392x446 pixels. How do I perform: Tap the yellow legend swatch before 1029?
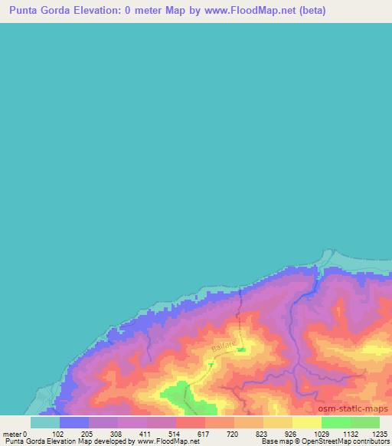click(306, 422)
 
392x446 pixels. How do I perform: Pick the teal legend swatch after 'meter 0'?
click(44, 422)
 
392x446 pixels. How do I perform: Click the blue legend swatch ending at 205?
click(73, 422)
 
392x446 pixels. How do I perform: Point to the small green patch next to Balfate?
click(241, 349)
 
